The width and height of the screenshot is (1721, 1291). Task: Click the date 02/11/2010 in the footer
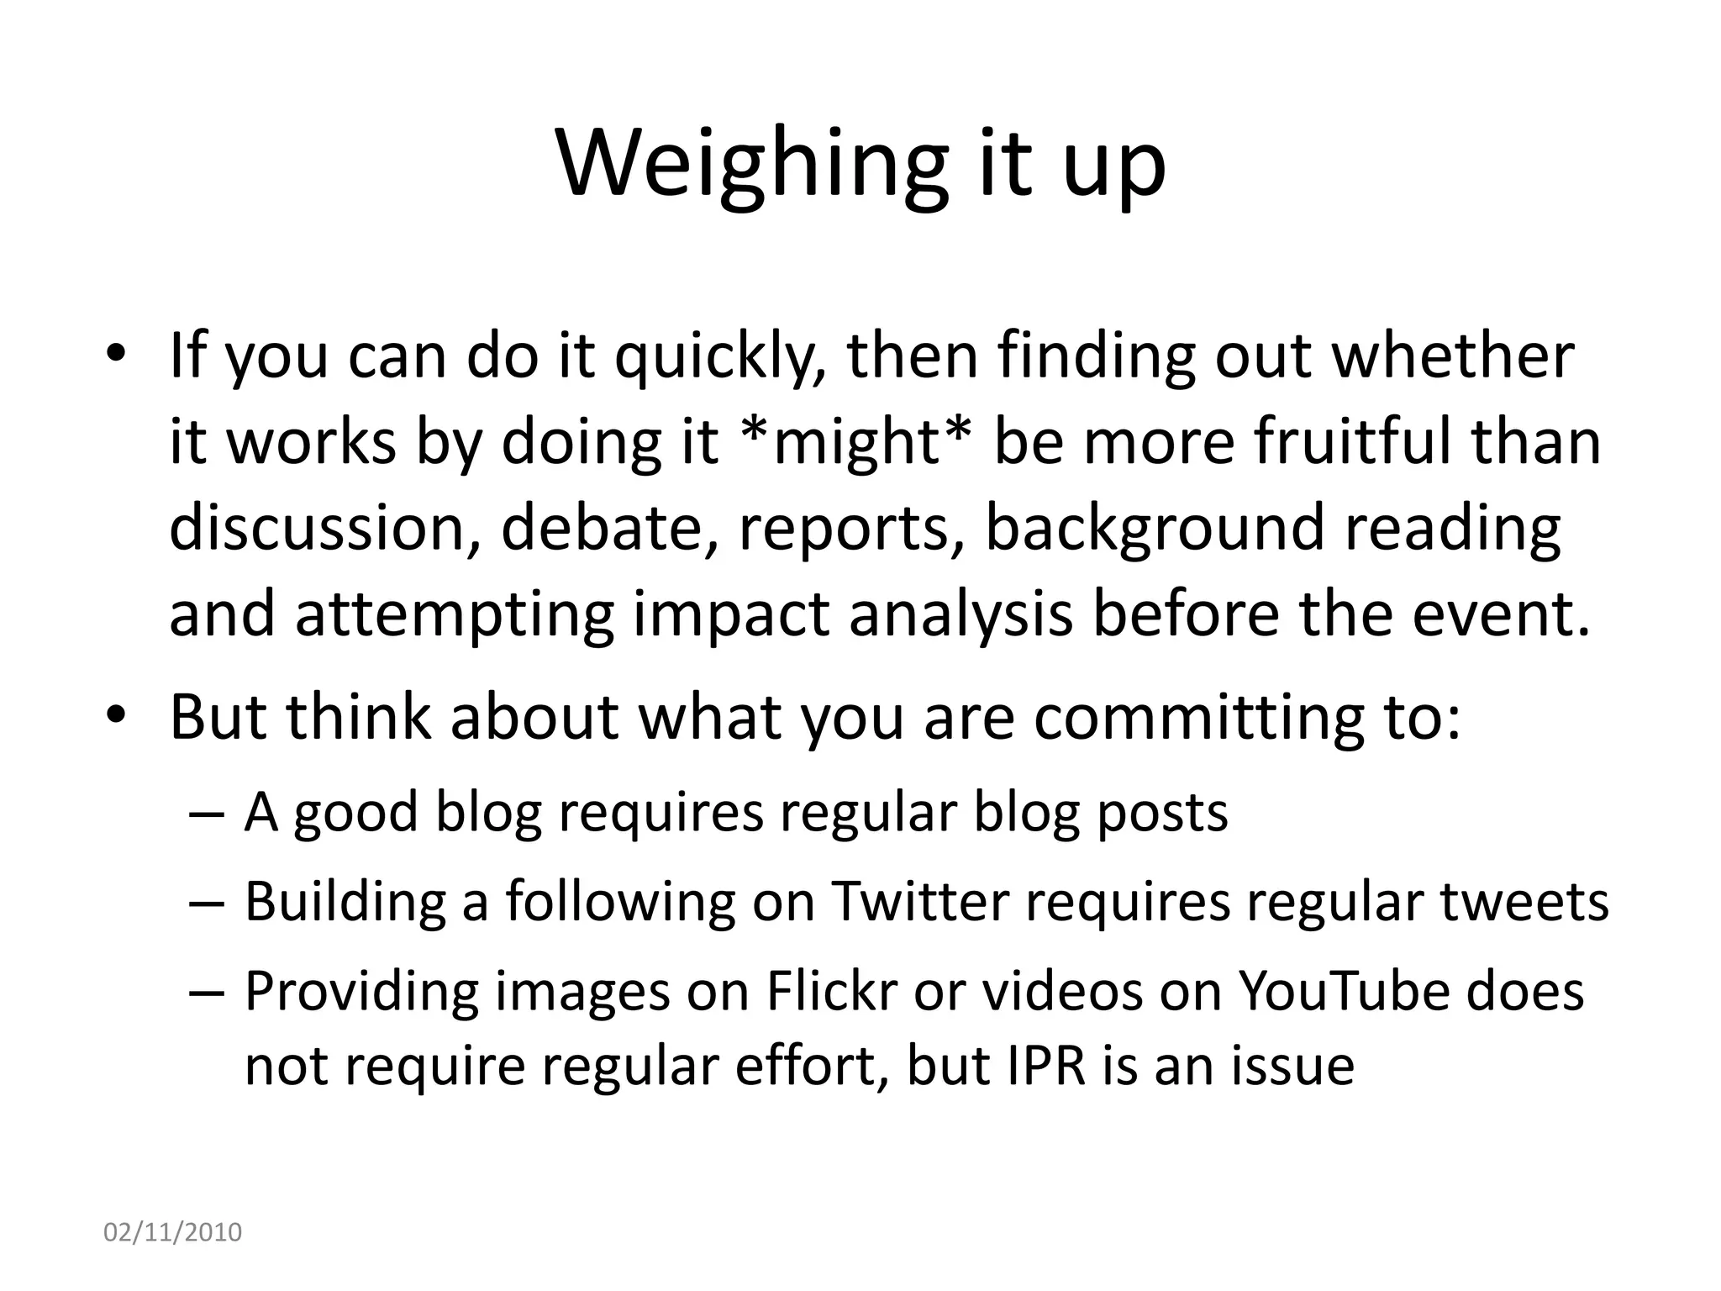coord(172,1232)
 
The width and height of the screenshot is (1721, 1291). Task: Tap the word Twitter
coord(920,902)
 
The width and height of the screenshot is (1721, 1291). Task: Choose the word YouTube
coord(1345,992)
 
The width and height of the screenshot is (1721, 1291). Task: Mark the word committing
coord(1189,719)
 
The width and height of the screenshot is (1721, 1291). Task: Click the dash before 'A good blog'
coord(208,814)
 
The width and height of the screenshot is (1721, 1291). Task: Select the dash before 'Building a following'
coord(208,904)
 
